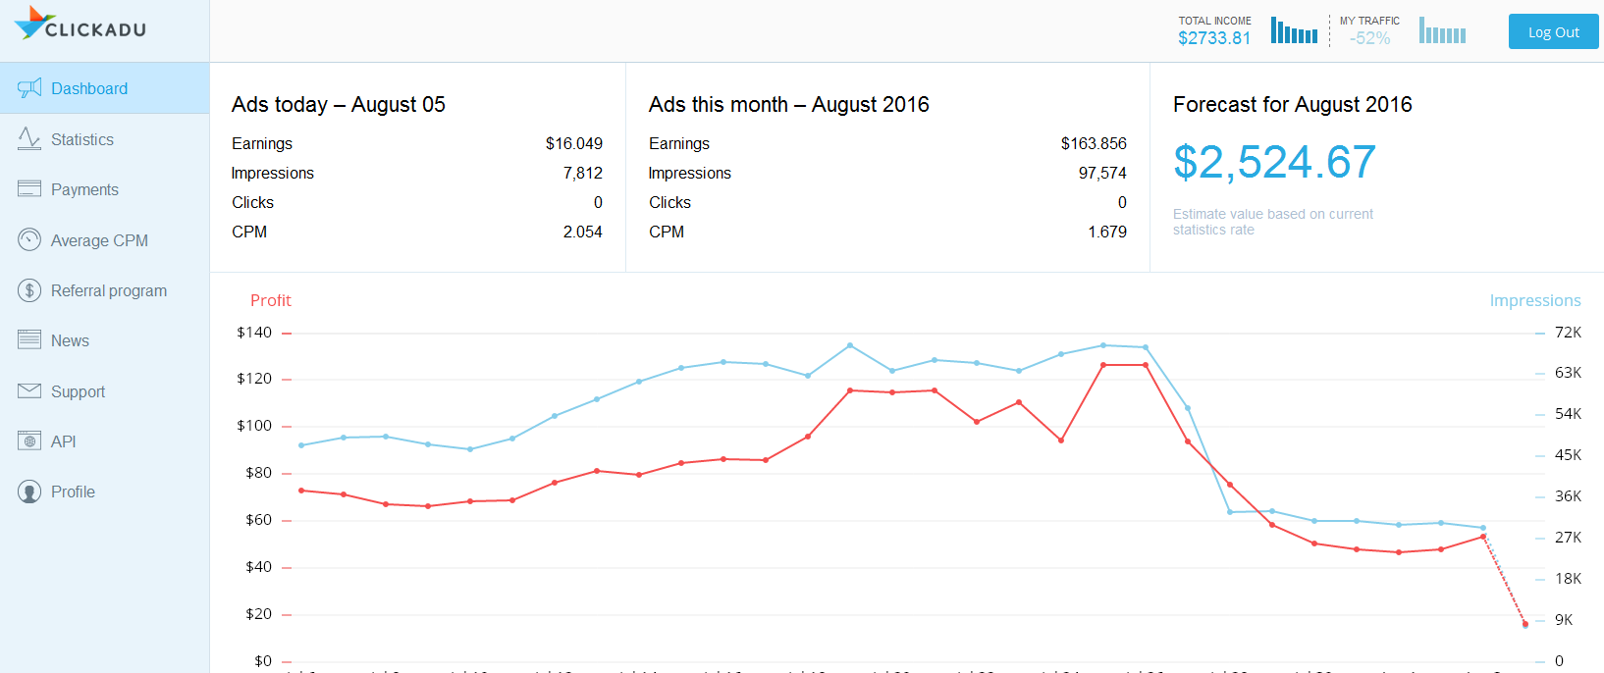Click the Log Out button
point(1553,32)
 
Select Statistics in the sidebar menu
point(81,139)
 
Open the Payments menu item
point(84,189)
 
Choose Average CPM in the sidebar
point(99,240)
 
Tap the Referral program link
point(108,290)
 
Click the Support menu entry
point(78,391)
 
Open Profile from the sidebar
point(73,492)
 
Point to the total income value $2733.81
point(1214,38)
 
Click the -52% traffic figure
point(1369,38)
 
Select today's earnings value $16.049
point(573,143)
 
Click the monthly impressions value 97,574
point(1101,173)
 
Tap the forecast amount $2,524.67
point(1274,162)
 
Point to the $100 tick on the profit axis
point(254,426)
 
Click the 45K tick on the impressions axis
point(1568,455)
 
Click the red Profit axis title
point(270,300)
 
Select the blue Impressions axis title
point(1534,300)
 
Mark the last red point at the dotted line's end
point(1524,624)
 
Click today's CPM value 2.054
point(582,232)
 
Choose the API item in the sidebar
point(63,441)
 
